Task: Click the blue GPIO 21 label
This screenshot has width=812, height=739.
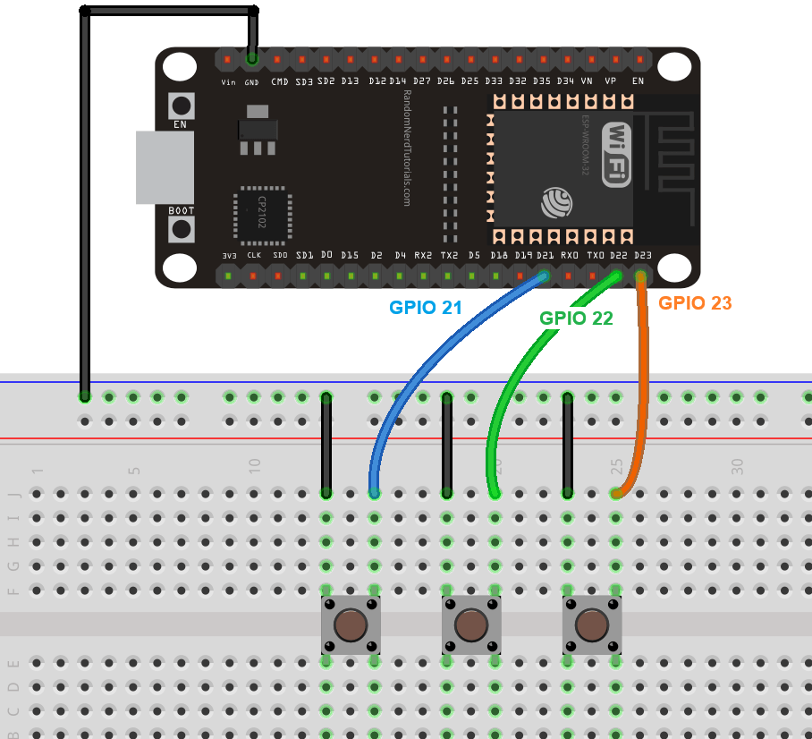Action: [x=425, y=307]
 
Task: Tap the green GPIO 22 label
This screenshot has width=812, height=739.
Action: [x=576, y=318]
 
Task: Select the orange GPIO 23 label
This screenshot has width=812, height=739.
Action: [x=695, y=303]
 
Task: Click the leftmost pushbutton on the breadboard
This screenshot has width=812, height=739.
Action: [x=351, y=624]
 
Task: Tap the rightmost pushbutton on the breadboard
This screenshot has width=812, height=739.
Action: [x=591, y=624]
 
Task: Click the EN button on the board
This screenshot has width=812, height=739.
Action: [x=182, y=105]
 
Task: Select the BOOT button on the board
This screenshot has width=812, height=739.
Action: [x=182, y=229]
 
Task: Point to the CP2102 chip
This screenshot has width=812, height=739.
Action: [x=262, y=215]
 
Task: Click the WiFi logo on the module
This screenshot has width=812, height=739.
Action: [x=618, y=154]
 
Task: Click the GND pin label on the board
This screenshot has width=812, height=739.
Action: [x=253, y=81]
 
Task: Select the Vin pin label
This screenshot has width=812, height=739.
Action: [x=229, y=81]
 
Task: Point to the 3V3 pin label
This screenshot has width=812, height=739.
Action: [x=229, y=255]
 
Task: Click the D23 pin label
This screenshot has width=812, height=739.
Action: [x=642, y=255]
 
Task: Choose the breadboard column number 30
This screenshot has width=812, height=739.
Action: [x=738, y=465]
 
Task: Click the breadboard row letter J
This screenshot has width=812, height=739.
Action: [x=13, y=493]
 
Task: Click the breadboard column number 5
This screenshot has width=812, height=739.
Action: [x=134, y=469]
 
